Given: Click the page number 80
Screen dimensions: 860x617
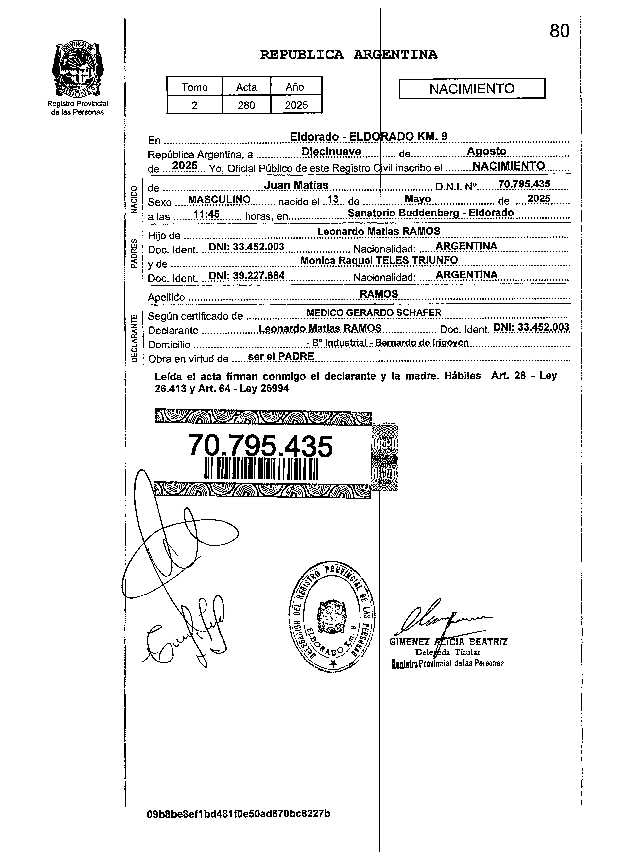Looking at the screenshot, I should (559, 31).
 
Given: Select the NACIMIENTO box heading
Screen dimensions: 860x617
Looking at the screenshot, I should (472, 89).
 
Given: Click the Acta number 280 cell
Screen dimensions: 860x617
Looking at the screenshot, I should (246, 105).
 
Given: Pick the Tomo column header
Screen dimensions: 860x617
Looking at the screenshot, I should (194, 87).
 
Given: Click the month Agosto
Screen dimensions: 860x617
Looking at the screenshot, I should (486, 151).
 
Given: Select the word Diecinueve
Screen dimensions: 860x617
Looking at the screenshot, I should (331, 152).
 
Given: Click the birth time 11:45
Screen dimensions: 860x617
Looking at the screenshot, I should (206, 214).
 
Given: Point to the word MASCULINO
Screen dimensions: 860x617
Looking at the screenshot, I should (219, 199).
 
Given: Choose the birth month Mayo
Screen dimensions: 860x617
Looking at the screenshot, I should (418, 199).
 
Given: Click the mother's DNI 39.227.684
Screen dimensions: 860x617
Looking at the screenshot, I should (247, 275).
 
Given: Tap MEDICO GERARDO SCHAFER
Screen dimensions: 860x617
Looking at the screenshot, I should (374, 313).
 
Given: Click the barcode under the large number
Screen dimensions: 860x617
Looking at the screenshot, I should (261, 469).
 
